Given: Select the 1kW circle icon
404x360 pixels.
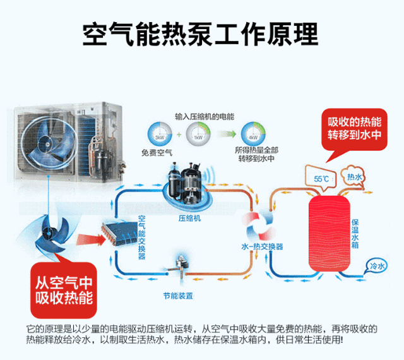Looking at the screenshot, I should click(198, 135).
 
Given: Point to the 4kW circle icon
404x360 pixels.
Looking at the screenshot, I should click(252, 135).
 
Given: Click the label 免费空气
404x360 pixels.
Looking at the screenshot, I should click(158, 152).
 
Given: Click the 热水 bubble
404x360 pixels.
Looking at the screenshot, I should click(354, 177).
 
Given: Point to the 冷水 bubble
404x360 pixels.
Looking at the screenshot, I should click(377, 267).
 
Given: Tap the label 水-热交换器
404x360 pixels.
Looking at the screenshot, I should click(262, 246).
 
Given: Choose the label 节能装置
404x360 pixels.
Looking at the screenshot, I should click(177, 296).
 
